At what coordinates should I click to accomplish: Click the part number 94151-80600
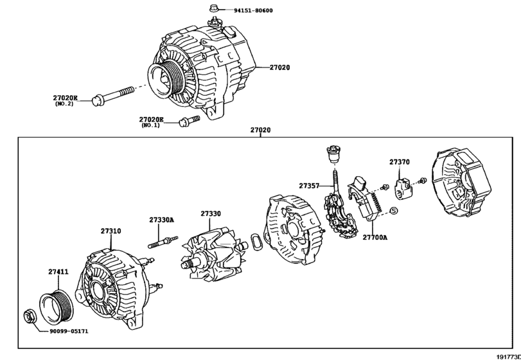click(x=254, y=11)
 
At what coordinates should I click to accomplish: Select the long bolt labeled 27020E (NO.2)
click(x=116, y=94)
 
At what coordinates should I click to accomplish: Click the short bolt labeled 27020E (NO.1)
click(x=184, y=121)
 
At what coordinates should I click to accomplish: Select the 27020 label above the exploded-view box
click(x=260, y=130)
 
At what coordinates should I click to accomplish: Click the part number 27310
click(x=110, y=230)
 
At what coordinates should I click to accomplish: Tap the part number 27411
click(x=58, y=272)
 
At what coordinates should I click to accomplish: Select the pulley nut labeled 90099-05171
click(x=30, y=316)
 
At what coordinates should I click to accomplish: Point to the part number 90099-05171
click(x=78, y=332)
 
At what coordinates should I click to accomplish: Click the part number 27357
click(x=308, y=185)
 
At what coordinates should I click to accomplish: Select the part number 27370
click(x=399, y=163)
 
